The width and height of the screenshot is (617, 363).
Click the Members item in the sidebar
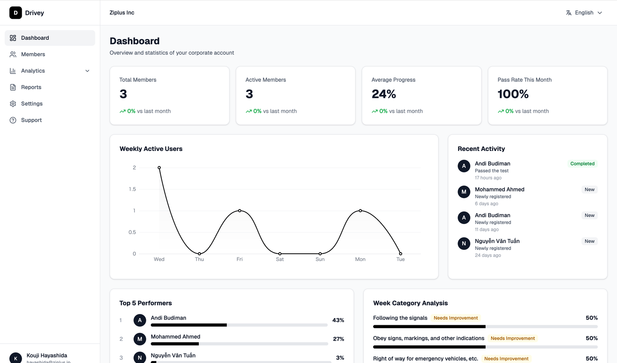(x=33, y=54)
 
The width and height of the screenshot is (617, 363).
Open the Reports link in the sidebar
(x=31, y=87)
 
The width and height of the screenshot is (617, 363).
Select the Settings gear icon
(x=13, y=104)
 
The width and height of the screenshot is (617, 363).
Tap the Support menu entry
(x=31, y=120)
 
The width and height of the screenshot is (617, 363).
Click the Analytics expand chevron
(x=87, y=71)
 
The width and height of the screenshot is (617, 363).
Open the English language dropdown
(x=584, y=13)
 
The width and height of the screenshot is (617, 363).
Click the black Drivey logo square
(x=16, y=13)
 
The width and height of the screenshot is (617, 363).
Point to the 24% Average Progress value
(x=384, y=94)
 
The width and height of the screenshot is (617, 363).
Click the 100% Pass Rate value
(x=513, y=94)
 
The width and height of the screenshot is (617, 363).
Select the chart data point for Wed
(x=159, y=167)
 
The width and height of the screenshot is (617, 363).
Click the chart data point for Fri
(x=240, y=210)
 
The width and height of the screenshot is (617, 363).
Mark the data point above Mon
(x=360, y=210)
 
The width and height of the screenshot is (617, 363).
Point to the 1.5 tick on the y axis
(x=132, y=189)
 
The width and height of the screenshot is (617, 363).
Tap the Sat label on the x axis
(x=280, y=259)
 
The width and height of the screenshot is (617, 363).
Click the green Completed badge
(x=582, y=163)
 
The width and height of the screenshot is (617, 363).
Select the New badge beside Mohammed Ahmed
(x=589, y=190)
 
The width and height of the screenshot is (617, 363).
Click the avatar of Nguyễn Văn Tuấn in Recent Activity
(x=464, y=243)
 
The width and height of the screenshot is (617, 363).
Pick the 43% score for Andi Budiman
(x=338, y=320)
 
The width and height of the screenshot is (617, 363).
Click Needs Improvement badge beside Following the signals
(x=456, y=318)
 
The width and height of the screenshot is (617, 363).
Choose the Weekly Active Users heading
(x=151, y=149)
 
